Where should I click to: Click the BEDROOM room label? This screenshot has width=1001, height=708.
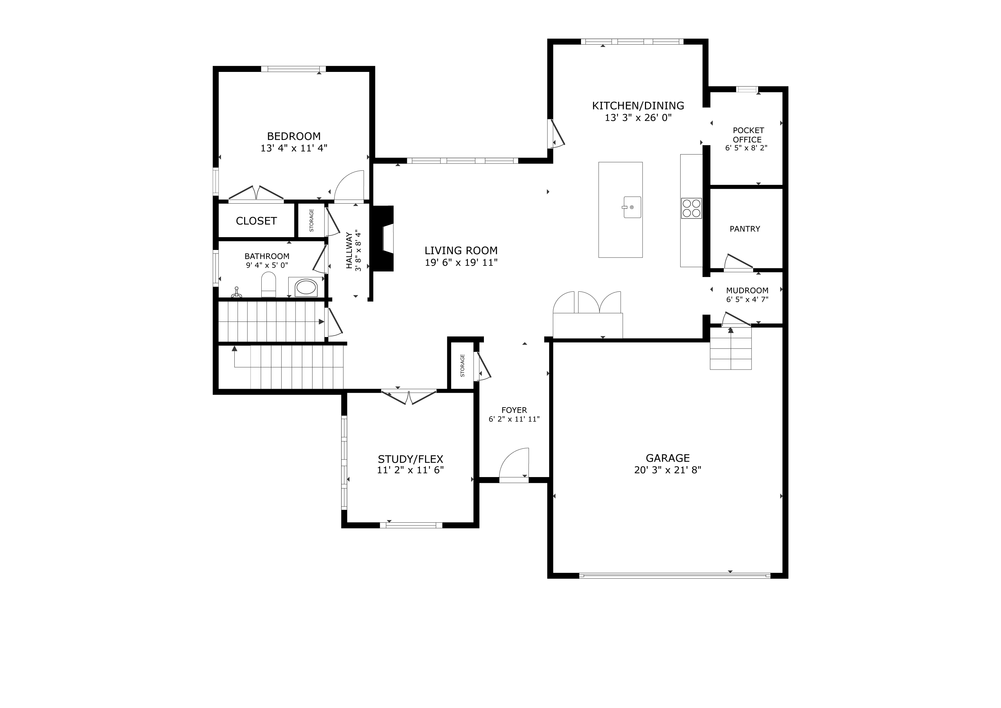(x=294, y=136)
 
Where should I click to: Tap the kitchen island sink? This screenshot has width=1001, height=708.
(x=632, y=207)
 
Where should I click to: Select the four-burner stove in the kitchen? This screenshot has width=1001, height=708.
(x=691, y=208)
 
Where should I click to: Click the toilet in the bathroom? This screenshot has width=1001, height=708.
(x=269, y=285)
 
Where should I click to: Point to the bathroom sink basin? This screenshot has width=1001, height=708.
(x=306, y=288)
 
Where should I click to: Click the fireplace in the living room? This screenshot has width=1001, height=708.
(x=383, y=239)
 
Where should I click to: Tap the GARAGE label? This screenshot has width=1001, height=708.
(x=667, y=458)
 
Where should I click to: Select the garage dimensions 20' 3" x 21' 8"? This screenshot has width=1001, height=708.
(x=667, y=470)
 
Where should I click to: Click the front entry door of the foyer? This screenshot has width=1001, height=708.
(x=514, y=466)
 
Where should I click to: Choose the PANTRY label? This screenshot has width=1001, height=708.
(x=745, y=229)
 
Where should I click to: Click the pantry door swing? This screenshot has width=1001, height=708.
(x=738, y=262)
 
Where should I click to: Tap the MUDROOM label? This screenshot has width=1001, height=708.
(x=747, y=290)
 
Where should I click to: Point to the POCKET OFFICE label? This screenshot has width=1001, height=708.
(x=748, y=135)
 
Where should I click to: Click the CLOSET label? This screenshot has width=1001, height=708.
(x=256, y=221)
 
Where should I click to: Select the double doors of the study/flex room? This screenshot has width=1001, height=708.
(x=409, y=397)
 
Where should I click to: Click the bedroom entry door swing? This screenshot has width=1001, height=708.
(x=349, y=186)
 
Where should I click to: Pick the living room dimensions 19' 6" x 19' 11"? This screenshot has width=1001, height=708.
(x=461, y=262)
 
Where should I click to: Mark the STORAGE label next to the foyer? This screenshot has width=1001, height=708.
(x=462, y=365)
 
